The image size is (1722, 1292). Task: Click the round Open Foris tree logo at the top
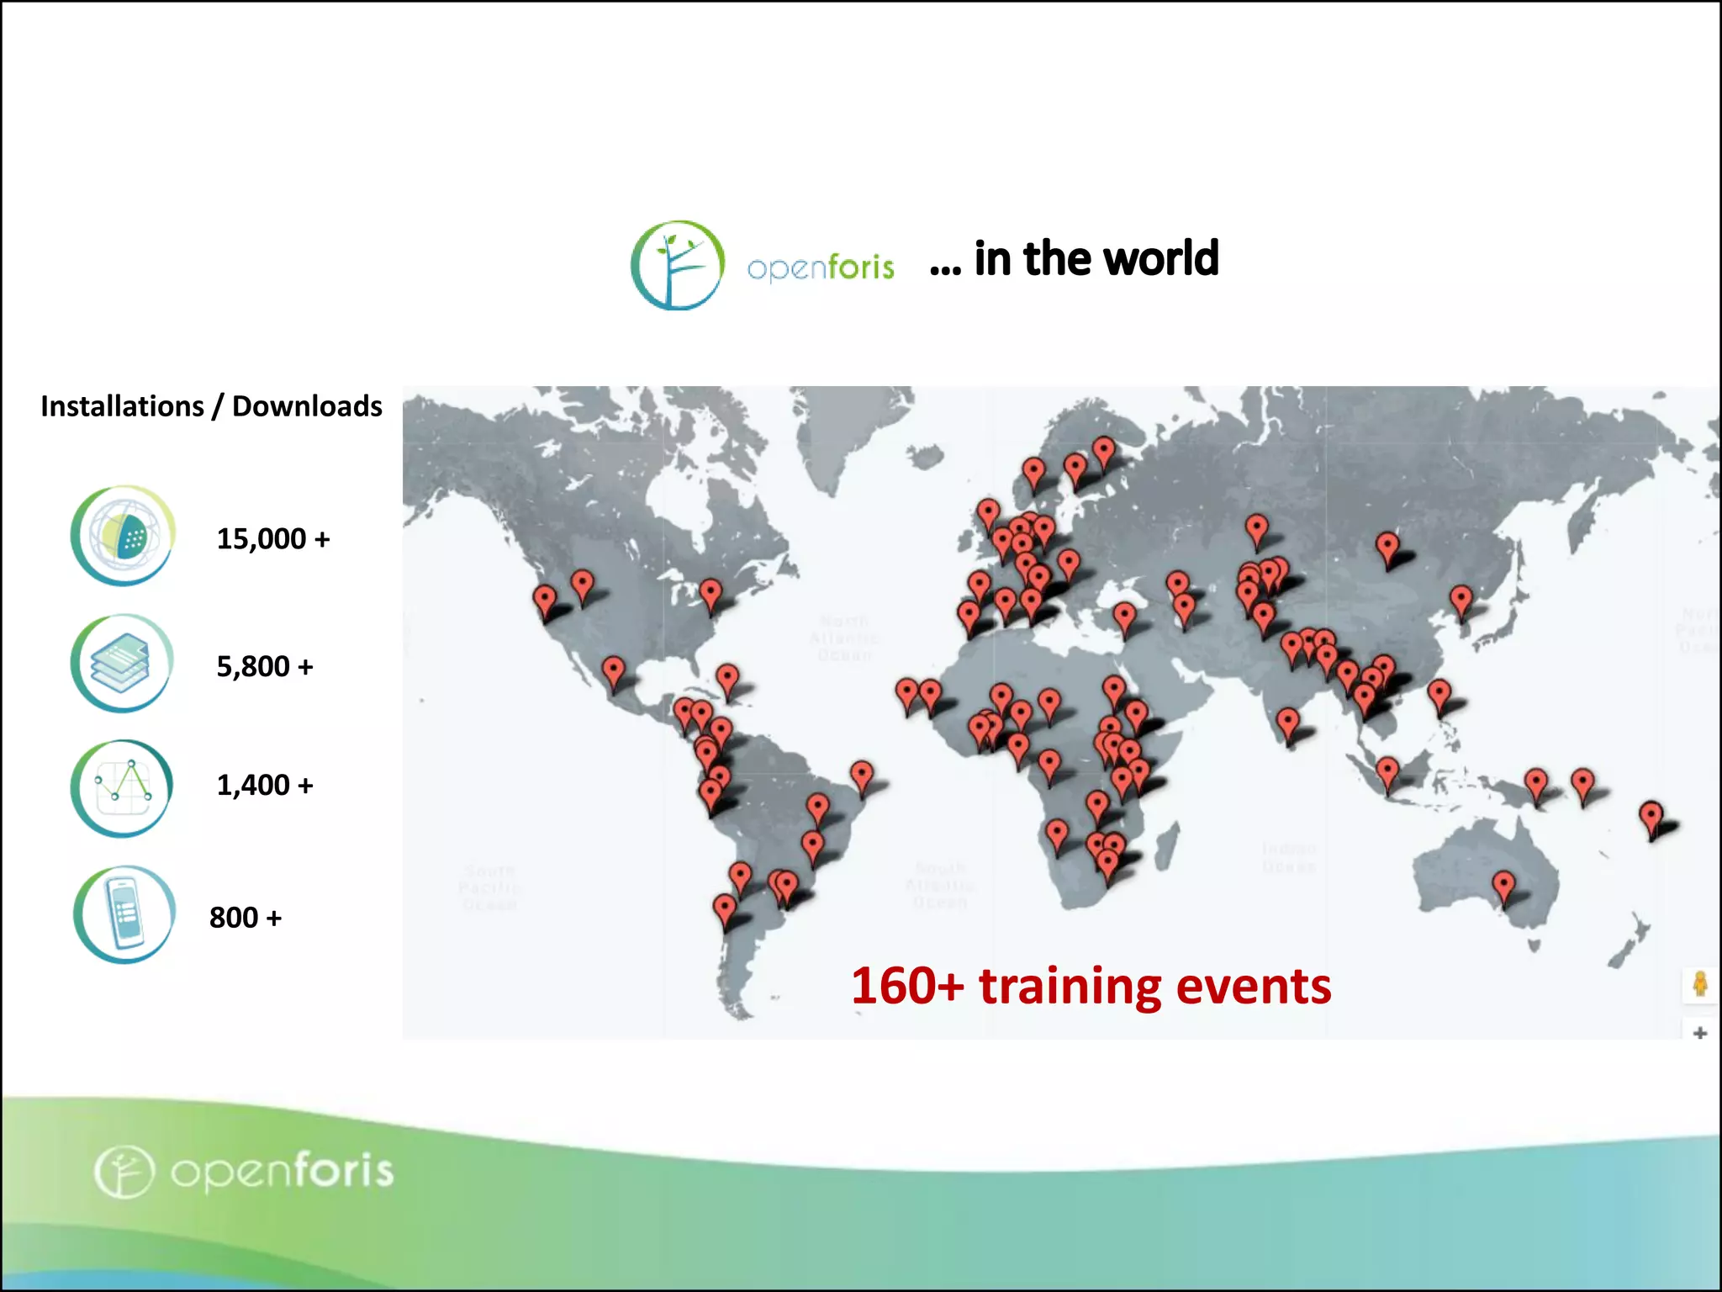click(x=678, y=265)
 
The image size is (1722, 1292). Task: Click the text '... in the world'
click(x=1075, y=258)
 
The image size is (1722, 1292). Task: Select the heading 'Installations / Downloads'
click(x=211, y=406)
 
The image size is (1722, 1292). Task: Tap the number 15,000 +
click(x=273, y=538)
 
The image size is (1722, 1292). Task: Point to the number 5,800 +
click(x=265, y=666)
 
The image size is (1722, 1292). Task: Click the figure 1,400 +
click(x=265, y=785)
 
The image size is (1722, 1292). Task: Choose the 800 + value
click(x=246, y=917)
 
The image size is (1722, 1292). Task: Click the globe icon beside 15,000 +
click(x=123, y=536)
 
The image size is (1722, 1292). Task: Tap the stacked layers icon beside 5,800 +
click(x=123, y=664)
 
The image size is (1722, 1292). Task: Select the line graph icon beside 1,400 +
click(x=123, y=788)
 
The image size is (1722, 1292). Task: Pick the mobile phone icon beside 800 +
click(x=124, y=915)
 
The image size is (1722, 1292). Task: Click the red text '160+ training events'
click(x=1091, y=986)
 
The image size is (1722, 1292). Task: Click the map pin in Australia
click(x=1503, y=886)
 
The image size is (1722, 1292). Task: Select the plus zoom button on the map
click(x=1699, y=1033)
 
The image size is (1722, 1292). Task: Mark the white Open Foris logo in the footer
click(x=244, y=1171)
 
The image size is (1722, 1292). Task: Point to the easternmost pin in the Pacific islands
click(x=1651, y=816)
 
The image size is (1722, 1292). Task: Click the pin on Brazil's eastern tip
click(x=862, y=775)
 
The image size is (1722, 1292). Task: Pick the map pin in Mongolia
click(x=1387, y=547)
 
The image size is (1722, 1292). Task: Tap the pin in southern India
click(x=1287, y=722)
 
